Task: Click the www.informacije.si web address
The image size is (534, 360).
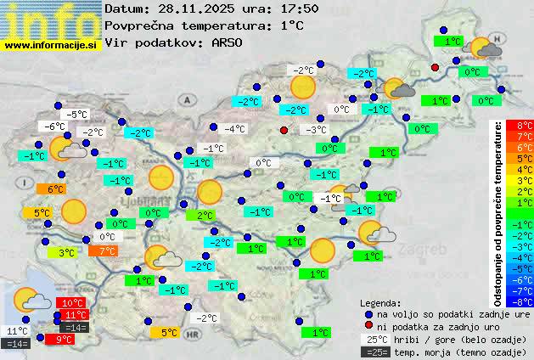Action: (x=51, y=44)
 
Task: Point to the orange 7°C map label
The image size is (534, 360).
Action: (x=107, y=251)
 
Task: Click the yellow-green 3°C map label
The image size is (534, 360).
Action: (x=67, y=253)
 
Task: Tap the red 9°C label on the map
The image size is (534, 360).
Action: (x=64, y=340)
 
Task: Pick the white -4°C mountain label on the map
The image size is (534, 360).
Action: (x=233, y=130)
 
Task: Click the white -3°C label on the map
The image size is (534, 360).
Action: (x=317, y=130)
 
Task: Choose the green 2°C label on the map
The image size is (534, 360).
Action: (x=204, y=217)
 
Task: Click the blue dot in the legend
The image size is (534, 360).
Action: (x=368, y=314)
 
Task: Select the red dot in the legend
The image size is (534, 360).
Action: (x=368, y=327)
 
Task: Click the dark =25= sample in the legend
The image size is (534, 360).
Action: (x=374, y=352)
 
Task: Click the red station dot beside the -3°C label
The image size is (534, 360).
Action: (x=284, y=130)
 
